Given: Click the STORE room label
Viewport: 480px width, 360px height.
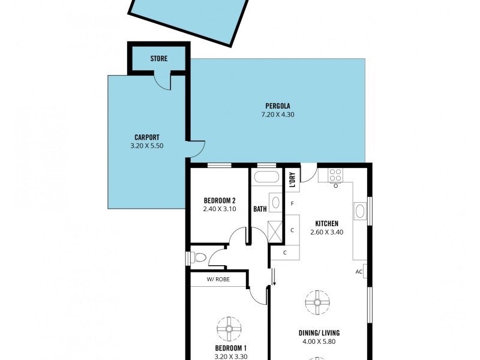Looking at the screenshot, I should point(158,59).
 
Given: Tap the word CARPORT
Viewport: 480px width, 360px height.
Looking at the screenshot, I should point(146,136).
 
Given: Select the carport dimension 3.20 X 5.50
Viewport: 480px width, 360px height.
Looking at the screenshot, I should point(146,145).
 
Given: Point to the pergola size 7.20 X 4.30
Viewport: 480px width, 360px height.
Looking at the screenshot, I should point(278,115).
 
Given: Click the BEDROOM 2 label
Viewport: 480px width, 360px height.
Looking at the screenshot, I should point(219,200).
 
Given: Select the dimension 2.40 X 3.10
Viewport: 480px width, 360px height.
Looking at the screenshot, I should point(219,209).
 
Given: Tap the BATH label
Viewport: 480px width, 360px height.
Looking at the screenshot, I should point(260,209).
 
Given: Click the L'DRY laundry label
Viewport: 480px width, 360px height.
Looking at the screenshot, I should point(292,180).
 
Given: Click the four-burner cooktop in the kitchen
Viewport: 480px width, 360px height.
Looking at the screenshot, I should point(335,175).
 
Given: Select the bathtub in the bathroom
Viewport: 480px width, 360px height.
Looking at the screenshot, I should point(266,178).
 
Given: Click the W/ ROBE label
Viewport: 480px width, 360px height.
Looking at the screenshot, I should point(218,280).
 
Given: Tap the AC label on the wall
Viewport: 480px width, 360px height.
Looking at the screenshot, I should point(359,272).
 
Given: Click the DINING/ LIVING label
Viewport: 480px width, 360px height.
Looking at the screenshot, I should point(316,333).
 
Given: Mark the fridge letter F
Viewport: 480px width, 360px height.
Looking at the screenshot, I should point(292,204).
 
